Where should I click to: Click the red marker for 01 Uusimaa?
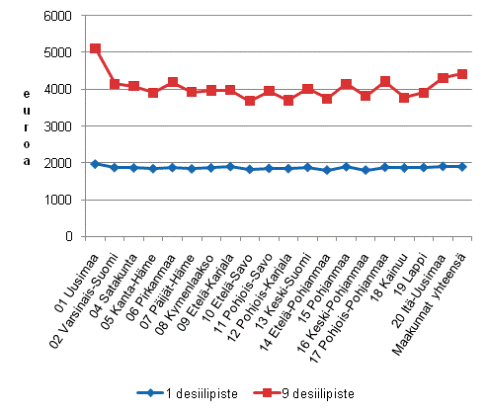tap(95, 48)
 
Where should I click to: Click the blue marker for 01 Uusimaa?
tap(95, 164)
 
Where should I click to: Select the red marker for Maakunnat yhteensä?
tap(461, 74)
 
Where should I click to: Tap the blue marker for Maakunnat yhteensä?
tap(461, 167)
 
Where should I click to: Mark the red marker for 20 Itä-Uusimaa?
tap(443, 77)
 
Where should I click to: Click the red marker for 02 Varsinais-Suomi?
tap(115, 84)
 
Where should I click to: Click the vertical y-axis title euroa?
tap(28, 126)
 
